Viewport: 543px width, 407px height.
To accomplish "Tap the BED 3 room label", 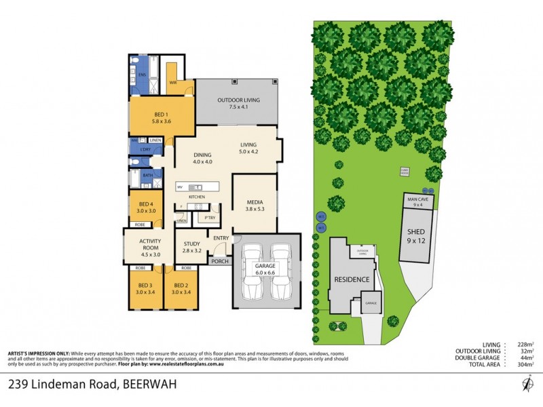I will click(144, 288).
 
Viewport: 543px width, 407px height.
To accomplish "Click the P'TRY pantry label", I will click(202, 218).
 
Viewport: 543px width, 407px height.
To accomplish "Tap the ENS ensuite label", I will click(143, 75).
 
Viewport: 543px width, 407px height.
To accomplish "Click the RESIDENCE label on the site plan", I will click(352, 279).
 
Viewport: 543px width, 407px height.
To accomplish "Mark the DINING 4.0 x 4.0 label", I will click(203, 158).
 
